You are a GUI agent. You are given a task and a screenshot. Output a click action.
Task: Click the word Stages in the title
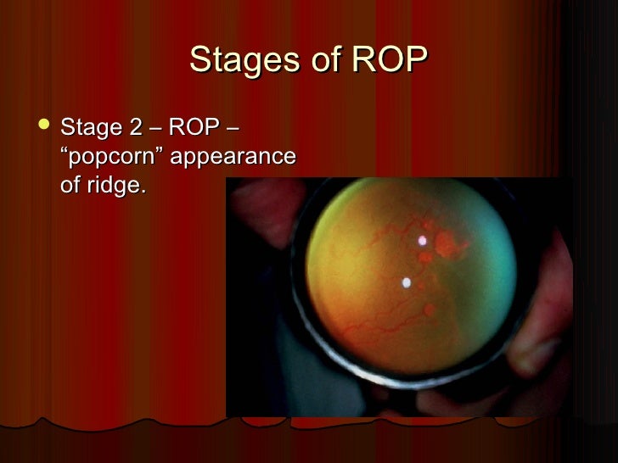240,61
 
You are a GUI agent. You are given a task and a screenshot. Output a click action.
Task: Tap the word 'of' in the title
315,61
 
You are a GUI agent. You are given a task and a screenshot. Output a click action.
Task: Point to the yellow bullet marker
44,129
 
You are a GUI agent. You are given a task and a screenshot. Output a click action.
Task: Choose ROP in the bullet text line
194,129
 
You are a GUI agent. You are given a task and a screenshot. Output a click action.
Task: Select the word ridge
114,186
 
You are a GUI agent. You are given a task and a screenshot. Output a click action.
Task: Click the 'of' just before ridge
71,186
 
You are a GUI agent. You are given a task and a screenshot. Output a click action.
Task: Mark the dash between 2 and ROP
156,130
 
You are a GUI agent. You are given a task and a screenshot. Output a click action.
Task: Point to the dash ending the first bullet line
232,130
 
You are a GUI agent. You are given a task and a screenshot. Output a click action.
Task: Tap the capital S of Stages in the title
200,61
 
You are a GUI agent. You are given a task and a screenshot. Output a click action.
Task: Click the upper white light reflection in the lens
422,240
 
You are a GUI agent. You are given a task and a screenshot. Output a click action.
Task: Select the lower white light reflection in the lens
406,282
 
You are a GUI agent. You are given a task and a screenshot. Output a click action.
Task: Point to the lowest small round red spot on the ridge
429,311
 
